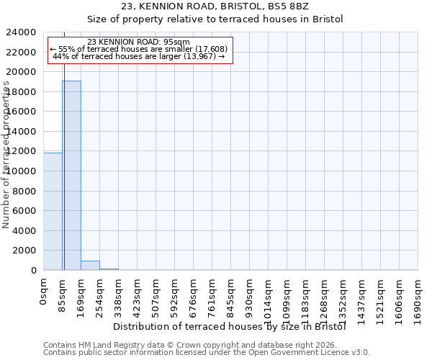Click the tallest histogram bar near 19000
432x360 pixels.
pos(71,175)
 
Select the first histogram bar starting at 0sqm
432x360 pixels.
pos(53,211)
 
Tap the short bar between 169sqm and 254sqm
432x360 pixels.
pos(90,265)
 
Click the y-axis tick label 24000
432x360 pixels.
pos(21,33)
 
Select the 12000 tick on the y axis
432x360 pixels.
pos(21,152)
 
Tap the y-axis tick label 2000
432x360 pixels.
pos(24,251)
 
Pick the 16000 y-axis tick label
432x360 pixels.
pos(21,112)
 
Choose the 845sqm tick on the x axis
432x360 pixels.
pos(231,295)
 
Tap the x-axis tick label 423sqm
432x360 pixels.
pos(138,295)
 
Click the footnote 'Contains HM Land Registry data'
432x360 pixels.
pos(115,345)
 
